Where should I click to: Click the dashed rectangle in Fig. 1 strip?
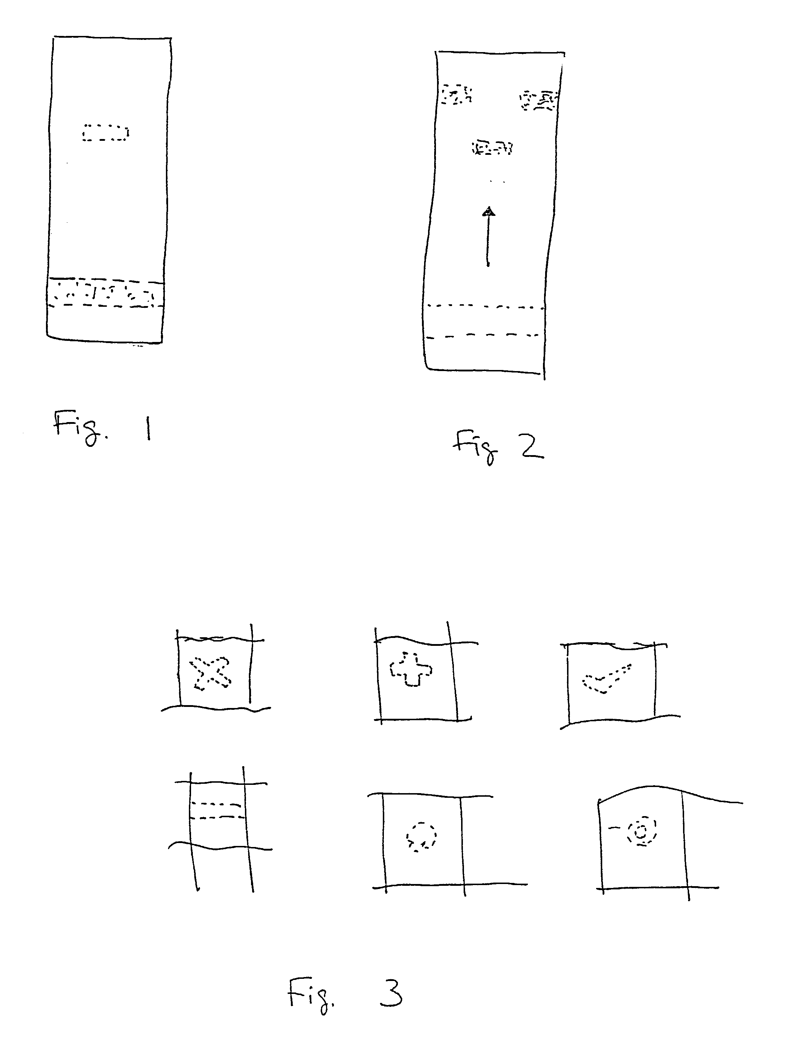(105, 133)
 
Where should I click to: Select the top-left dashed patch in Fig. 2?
(456, 94)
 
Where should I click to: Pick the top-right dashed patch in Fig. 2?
(539, 101)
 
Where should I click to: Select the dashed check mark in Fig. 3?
(607, 679)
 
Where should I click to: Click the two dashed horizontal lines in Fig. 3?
(217, 810)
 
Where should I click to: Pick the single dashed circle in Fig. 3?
(421, 837)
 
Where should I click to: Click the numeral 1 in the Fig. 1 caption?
(149, 428)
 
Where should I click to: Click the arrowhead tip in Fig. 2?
(488, 207)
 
